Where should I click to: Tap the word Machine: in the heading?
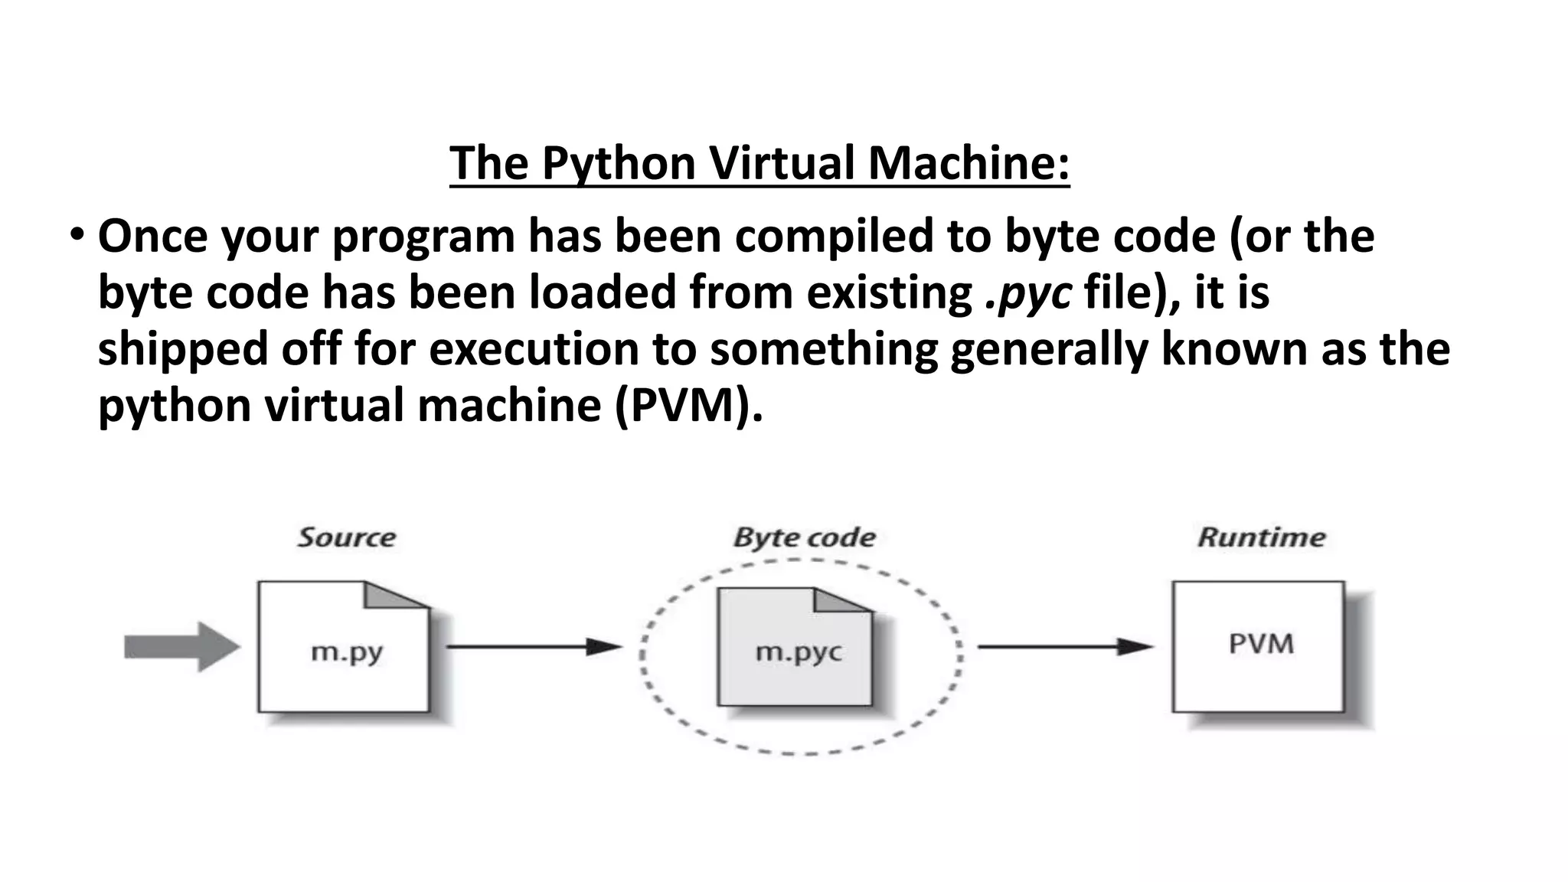(x=969, y=163)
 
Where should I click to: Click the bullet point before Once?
(x=77, y=234)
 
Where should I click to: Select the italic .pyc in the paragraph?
(x=1028, y=293)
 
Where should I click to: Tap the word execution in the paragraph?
(x=534, y=349)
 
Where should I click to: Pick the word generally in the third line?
(x=1049, y=349)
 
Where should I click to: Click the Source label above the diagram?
(x=346, y=537)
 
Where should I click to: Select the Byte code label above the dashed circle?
(x=804, y=537)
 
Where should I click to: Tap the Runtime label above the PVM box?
(x=1261, y=537)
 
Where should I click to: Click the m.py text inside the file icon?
(x=346, y=652)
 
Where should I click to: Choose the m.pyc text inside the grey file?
(x=798, y=652)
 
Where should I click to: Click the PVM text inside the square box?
(x=1261, y=643)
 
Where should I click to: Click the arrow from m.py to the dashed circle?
(x=534, y=647)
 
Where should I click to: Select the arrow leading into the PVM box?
(x=1064, y=647)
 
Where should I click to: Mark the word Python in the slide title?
(x=619, y=163)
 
